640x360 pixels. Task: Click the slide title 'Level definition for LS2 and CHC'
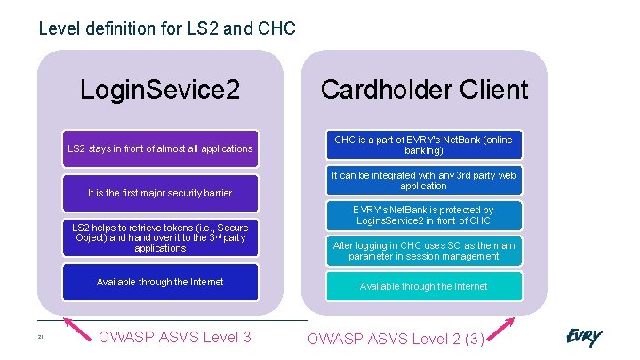167,28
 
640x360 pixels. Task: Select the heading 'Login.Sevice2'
160,89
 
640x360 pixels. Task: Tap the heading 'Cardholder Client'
424,89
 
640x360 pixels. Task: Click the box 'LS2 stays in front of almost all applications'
160,148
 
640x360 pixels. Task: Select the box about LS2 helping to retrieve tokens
160,237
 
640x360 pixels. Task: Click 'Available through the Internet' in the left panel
160,282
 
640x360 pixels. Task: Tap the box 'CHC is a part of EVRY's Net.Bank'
423,146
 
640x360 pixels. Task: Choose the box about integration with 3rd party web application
423,180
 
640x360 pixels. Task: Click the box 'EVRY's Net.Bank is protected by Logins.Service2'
423,215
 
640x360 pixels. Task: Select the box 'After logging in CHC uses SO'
423,251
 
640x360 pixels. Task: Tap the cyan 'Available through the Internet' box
423,286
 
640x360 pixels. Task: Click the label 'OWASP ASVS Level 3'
174,337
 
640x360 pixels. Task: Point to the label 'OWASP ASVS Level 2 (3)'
396,338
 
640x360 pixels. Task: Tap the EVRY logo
584,337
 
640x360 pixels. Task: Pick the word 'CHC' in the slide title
276,28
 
